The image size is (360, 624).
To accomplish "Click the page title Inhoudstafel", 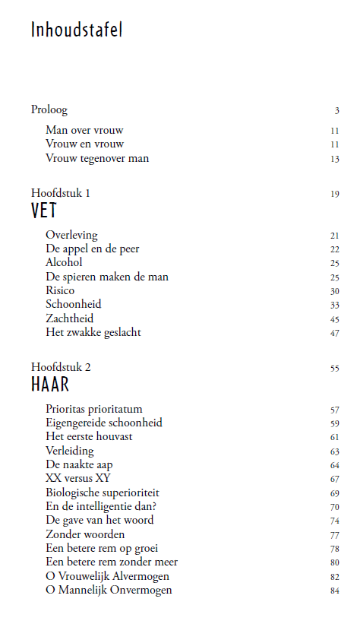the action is coord(77,30).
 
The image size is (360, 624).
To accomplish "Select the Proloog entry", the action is coord(49,109).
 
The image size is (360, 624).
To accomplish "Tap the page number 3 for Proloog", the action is coord(336,110).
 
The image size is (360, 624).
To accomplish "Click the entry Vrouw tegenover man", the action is coord(96,158).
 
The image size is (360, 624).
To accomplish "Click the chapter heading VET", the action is coord(44,211).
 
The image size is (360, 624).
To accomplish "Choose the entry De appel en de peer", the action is coord(92,249).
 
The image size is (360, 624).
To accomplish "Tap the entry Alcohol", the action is coord(64,262).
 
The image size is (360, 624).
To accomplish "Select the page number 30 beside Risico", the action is coord(334,291).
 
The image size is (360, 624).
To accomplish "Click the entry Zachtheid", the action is coord(69,318).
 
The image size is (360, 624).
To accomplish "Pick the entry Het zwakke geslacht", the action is coord(93,332).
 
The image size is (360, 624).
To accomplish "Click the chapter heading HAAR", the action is coord(50,386).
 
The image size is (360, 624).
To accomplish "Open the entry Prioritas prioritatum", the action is coord(93,409).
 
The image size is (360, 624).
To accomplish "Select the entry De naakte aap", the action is coord(79,464).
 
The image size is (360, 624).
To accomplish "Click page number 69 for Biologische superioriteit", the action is coord(334,493).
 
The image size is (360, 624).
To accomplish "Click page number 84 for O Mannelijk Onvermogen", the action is coord(334,591).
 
